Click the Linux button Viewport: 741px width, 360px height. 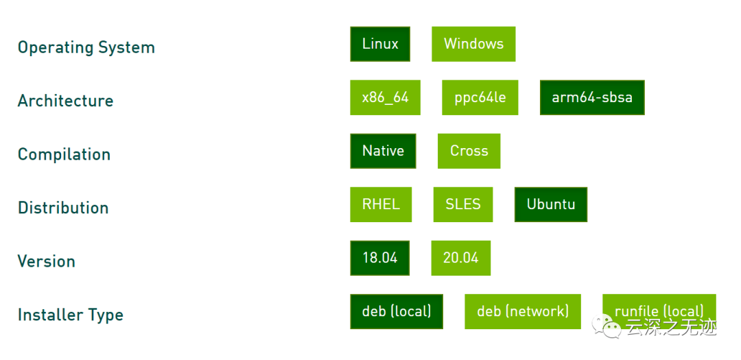click(x=380, y=44)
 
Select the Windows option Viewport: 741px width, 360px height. click(x=473, y=44)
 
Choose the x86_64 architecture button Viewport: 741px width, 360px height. click(x=385, y=97)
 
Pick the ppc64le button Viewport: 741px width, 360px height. click(x=480, y=97)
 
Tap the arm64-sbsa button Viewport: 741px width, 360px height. click(x=592, y=97)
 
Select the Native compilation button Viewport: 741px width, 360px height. click(x=383, y=151)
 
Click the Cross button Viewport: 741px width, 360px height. click(x=469, y=151)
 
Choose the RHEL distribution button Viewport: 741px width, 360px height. click(x=381, y=204)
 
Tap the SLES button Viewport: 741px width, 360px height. click(x=463, y=204)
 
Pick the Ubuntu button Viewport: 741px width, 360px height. click(x=551, y=204)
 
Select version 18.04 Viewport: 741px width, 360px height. click(x=379, y=258)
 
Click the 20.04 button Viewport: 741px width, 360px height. click(x=460, y=258)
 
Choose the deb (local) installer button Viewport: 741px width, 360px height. click(x=397, y=311)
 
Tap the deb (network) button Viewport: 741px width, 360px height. click(x=523, y=311)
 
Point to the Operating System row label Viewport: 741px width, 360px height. click(x=86, y=47)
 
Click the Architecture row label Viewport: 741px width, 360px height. click(x=65, y=101)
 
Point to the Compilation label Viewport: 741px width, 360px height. click(x=64, y=154)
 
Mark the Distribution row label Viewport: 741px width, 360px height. click(x=63, y=208)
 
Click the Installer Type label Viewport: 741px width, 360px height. click(x=70, y=315)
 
